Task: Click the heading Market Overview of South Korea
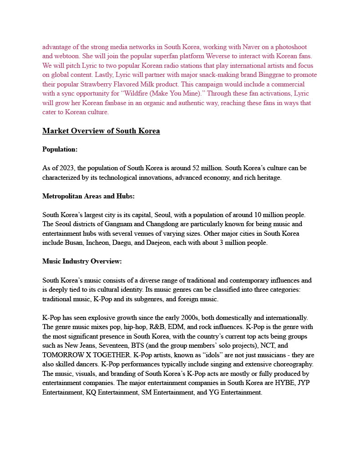point(101,131)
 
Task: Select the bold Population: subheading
point(60,149)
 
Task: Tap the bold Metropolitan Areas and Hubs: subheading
point(88,196)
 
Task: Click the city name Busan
point(77,243)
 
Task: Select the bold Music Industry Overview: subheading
point(82,261)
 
